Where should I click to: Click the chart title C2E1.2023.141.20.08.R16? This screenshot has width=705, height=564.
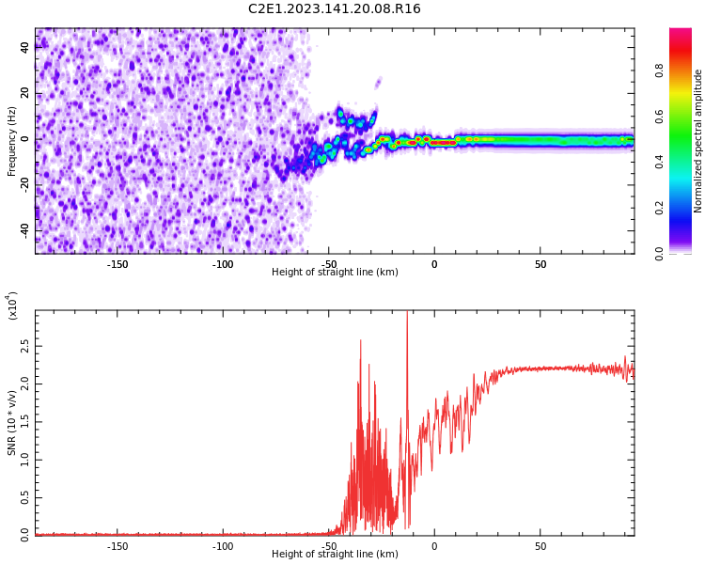334,9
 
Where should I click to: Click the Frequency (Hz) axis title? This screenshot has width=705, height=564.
12,141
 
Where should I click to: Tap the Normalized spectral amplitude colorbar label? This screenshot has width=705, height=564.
698,141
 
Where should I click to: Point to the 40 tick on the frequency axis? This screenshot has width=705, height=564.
26,48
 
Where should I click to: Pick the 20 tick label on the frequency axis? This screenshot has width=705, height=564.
26,94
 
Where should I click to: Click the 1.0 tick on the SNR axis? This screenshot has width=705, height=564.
24,459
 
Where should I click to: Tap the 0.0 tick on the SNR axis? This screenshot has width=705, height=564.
24,534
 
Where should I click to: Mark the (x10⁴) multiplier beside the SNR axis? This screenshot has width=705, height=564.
13,305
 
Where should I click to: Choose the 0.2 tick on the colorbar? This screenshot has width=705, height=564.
660,208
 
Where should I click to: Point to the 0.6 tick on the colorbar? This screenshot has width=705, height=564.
660,117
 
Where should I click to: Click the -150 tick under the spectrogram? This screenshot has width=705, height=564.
117,264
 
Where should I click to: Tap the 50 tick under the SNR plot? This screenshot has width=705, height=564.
540,545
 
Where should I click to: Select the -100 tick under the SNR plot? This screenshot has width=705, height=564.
223,545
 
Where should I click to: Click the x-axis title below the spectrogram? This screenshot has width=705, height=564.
335,273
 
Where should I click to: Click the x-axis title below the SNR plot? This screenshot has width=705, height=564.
335,555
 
